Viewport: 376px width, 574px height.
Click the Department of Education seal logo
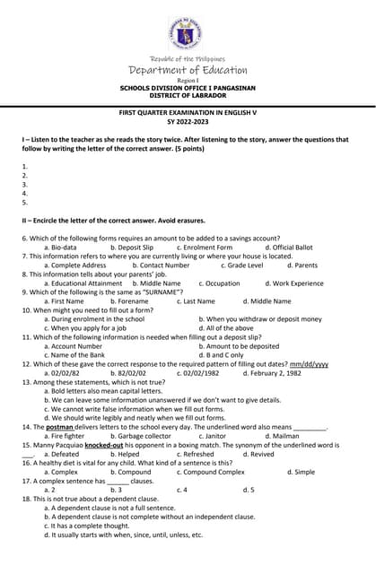coord(188,33)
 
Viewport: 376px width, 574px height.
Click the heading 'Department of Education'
coord(188,70)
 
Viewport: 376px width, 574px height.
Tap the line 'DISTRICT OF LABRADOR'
coord(188,95)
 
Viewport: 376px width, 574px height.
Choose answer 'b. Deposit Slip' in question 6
coord(132,247)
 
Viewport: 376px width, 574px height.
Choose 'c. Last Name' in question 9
coord(196,301)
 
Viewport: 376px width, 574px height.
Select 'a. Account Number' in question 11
coord(73,346)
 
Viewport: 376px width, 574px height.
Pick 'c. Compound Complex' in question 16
coord(210,472)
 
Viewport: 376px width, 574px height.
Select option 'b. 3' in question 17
coord(116,490)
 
